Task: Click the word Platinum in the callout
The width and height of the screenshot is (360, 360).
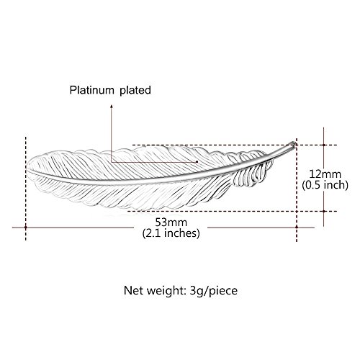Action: (91, 90)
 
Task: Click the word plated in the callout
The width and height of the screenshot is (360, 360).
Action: (135, 91)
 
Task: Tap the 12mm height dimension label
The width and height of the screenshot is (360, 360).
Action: (325, 174)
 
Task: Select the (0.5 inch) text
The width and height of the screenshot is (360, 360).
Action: (325, 185)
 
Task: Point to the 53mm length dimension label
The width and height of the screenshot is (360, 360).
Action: (171, 222)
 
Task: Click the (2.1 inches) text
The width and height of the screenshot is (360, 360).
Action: (171, 233)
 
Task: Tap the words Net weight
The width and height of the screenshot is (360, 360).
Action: (153, 291)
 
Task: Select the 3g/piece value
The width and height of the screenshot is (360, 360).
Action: (214, 291)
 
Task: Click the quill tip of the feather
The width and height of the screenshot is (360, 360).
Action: (294, 143)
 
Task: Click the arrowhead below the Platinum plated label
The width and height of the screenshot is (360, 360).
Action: (111, 106)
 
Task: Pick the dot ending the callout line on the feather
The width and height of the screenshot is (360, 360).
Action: (197, 162)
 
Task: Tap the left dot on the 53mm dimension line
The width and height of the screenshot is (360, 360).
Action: (26, 227)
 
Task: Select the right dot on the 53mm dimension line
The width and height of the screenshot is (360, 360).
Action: (297, 227)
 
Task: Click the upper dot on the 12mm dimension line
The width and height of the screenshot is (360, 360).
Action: (324, 145)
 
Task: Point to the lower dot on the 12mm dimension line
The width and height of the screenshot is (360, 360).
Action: (324, 211)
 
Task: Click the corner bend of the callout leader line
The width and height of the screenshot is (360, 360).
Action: (112, 162)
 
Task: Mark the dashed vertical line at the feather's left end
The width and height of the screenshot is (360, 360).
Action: (26, 189)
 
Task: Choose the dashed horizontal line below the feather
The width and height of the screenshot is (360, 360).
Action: (233, 211)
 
